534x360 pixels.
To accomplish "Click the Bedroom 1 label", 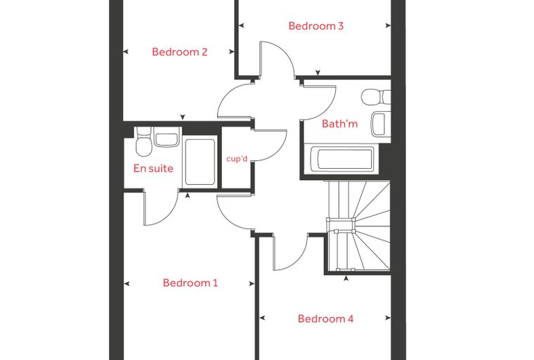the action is [190, 283].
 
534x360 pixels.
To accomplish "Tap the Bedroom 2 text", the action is [179, 52].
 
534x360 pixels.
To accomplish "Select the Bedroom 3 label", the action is [315, 26].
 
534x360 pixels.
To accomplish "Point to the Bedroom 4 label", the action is [325, 319].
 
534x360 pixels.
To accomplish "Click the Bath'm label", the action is [339, 124].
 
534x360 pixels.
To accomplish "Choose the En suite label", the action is [153, 169].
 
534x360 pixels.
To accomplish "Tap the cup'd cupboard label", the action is [237, 159].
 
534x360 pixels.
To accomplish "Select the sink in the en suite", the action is [167, 137].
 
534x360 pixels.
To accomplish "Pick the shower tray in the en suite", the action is [200, 162].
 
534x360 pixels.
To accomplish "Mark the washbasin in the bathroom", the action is [381, 124].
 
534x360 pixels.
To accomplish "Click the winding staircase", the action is [358, 226].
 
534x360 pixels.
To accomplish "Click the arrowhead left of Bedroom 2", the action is [125, 52].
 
